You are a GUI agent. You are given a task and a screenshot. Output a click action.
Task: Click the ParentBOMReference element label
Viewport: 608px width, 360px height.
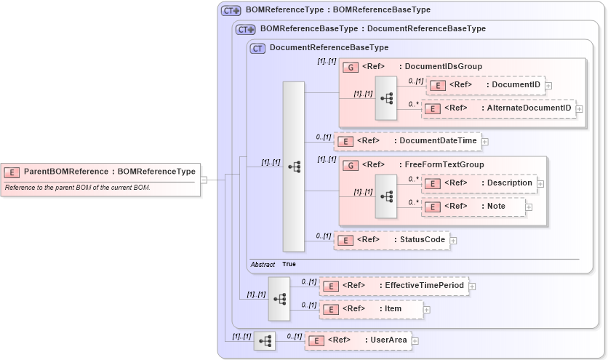[x=109, y=172]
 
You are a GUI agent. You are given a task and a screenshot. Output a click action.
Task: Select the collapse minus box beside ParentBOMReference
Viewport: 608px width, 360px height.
[x=204, y=180]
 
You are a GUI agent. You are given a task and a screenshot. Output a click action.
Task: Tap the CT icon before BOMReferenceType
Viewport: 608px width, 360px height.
[x=231, y=11]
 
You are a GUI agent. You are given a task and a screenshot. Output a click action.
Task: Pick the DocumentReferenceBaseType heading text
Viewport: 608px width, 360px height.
[x=329, y=48]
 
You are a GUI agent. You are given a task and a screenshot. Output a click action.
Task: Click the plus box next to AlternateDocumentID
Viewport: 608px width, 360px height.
[x=580, y=109]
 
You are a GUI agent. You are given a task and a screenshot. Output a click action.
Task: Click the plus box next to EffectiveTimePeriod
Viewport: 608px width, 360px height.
[x=473, y=286]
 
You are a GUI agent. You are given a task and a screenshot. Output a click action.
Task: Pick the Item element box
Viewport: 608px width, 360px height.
[x=371, y=309]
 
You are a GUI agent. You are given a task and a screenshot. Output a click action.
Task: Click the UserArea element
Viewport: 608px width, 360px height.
[x=358, y=340]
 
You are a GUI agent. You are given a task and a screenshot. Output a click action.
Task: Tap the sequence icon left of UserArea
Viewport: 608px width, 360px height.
[x=265, y=340]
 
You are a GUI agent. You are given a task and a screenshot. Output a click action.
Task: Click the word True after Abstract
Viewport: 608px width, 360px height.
[x=289, y=264]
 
